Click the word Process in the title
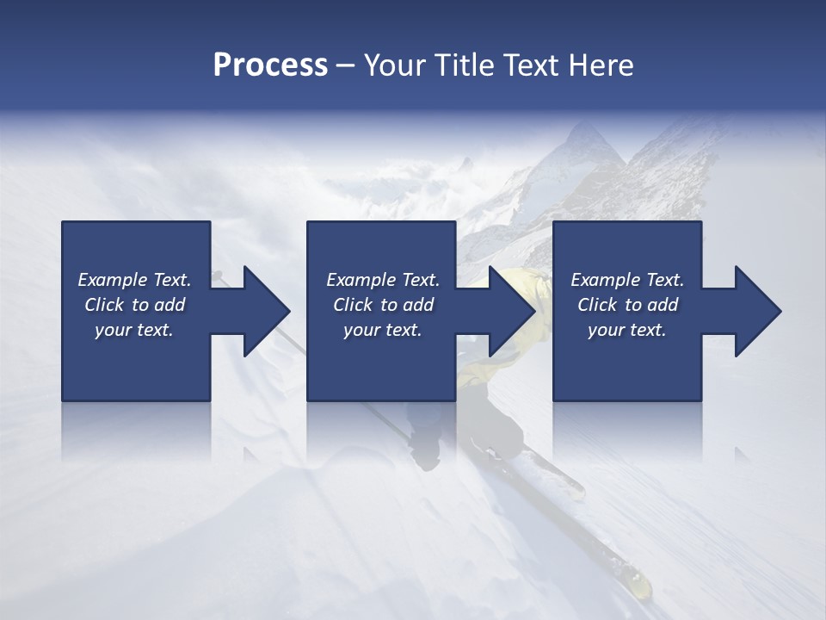click(270, 65)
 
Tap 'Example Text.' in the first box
click(134, 280)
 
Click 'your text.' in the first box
click(134, 330)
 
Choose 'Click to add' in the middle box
click(383, 305)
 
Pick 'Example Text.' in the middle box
click(383, 280)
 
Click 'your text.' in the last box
click(627, 330)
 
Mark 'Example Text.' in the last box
click(627, 280)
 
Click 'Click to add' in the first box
click(134, 305)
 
